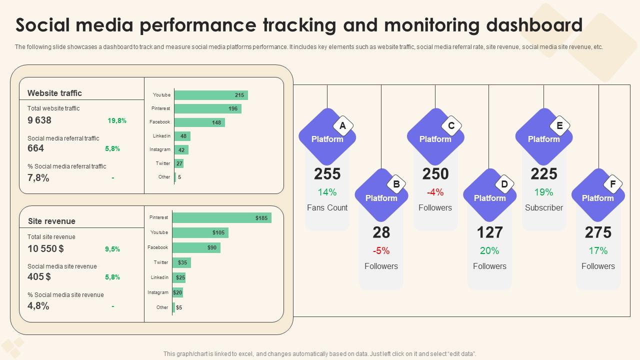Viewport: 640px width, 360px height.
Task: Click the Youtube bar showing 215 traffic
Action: tap(211, 95)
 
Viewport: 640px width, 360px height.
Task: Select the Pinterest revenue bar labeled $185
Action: tap(222, 217)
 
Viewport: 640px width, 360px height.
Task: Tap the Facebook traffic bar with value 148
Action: tap(199, 122)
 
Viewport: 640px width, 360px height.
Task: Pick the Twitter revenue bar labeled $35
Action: tap(181, 262)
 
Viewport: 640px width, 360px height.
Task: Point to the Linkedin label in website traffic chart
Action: tap(161, 136)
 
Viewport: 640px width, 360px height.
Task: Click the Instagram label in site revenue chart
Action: tap(158, 292)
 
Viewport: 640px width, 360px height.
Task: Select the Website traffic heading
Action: tap(54, 93)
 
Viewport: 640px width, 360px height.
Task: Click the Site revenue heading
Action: tap(51, 221)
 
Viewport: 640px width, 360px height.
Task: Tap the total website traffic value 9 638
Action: tap(39, 120)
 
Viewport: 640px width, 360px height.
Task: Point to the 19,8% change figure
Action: tap(117, 120)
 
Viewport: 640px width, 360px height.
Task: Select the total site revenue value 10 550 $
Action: tap(46, 248)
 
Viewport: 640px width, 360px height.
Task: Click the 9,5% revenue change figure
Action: tap(112, 249)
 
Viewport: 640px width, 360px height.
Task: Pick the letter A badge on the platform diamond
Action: tap(342, 126)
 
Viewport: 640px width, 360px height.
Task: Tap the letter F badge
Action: tap(612, 184)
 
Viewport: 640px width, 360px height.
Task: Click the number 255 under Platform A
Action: tap(327, 174)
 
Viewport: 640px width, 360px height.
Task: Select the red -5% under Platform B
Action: tap(381, 250)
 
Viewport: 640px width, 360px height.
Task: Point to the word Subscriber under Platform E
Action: tap(544, 207)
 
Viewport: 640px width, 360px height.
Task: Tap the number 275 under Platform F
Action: tap(598, 232)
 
